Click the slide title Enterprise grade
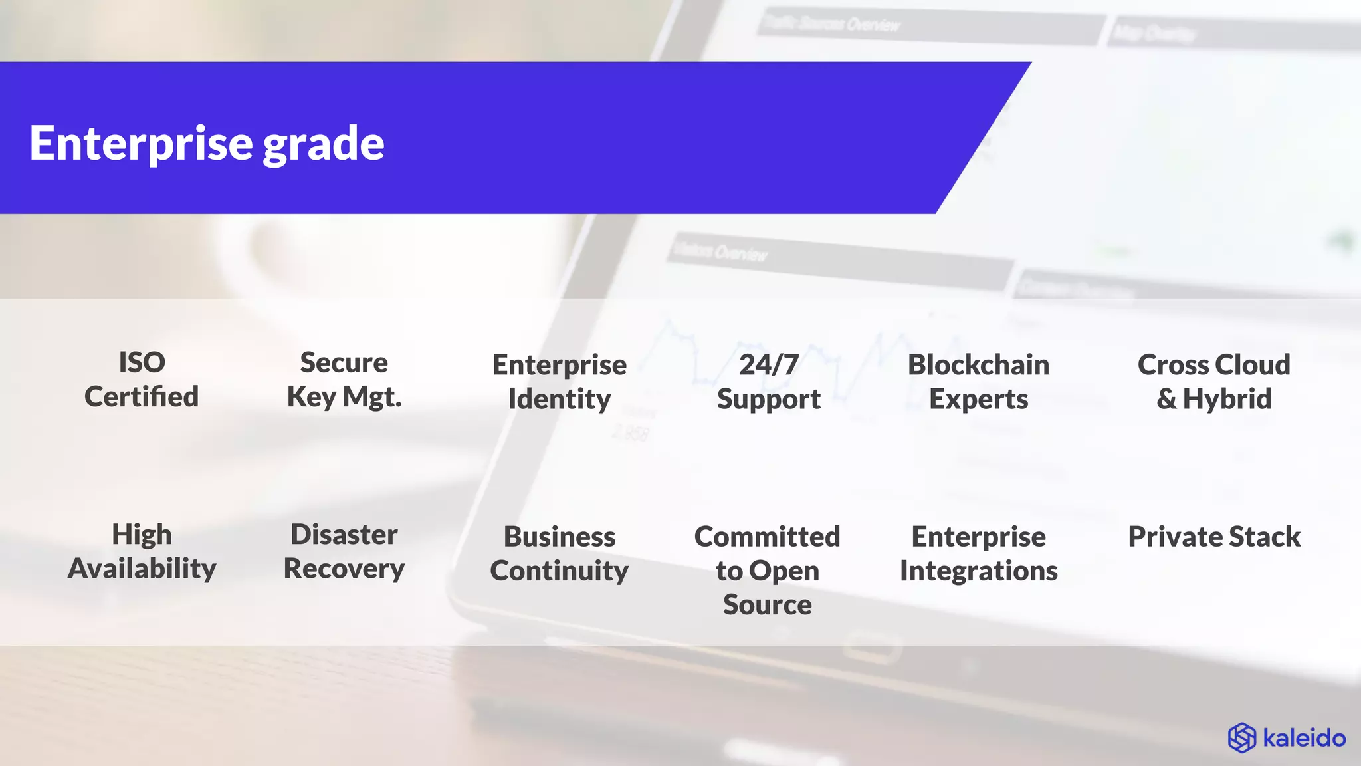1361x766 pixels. point(207,143)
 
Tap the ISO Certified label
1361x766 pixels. point(142,380)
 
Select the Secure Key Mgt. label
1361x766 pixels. point(344,380)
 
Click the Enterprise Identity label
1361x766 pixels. point(559,382)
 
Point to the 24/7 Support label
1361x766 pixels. point(768,382)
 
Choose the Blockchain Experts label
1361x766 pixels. point(978,382)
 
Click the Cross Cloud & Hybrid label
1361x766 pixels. point(1213,382)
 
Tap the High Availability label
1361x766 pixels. point(142,551)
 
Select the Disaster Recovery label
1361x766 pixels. point(344,551)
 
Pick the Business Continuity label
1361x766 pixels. point(559,553)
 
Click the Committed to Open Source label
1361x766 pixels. point(767,570)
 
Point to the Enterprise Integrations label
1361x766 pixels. point(978,553)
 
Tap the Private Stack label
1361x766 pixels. point(1213,537)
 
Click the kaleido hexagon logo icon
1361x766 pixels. point(1241,738)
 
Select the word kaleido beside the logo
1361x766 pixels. point(1304,738)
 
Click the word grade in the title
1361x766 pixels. point(324,145)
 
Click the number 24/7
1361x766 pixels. point(768,364)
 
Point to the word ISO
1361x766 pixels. point(142,362)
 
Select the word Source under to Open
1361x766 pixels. point(767,604)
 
